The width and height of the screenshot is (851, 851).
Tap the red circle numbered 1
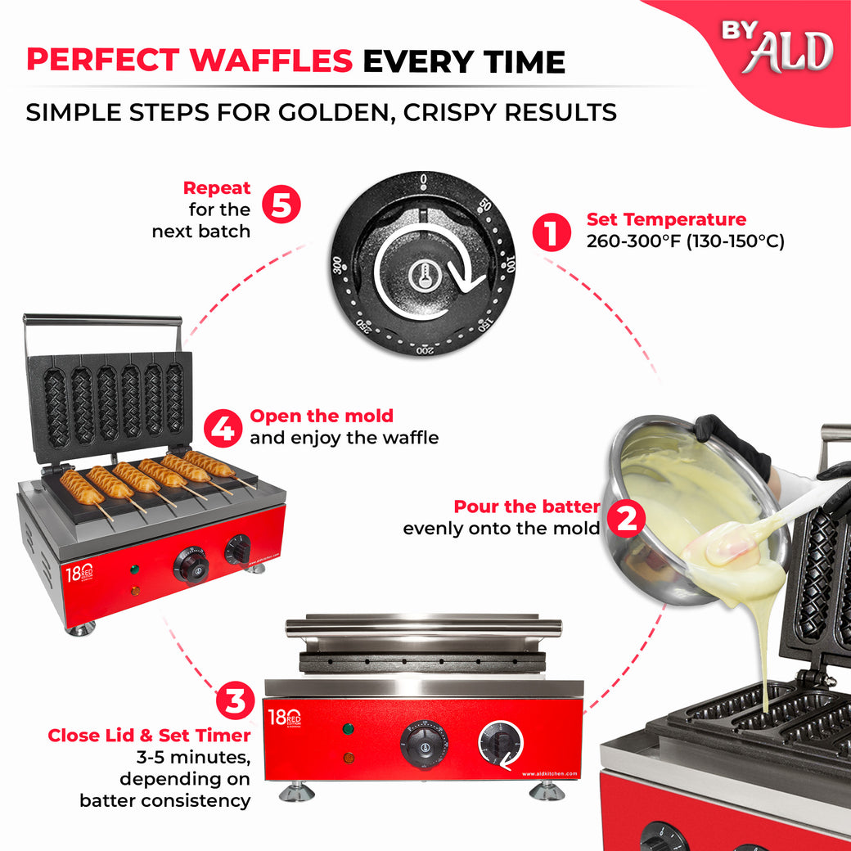551,232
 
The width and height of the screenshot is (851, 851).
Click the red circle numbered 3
236,700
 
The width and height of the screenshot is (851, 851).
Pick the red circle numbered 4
223,426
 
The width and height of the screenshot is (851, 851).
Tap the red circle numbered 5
281,205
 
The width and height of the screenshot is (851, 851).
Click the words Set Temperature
666,219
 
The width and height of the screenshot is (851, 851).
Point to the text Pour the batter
526,507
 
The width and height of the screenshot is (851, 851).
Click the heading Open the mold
321,416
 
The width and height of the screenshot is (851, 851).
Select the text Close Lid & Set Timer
148,735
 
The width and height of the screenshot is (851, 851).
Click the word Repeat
217,188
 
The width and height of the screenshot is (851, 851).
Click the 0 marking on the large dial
423,178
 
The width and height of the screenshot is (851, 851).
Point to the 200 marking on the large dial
424,350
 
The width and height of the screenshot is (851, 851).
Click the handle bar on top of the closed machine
423,628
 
